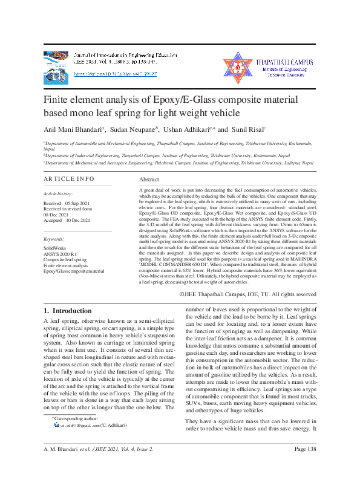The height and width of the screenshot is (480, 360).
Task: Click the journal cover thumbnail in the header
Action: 57,64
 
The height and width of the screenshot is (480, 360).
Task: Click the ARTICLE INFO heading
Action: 69,180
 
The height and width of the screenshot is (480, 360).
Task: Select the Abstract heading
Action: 149,180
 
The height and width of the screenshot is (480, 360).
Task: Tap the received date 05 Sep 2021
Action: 77,203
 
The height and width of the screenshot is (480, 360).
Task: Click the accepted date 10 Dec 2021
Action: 77,220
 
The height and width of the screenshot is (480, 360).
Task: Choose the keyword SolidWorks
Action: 56,248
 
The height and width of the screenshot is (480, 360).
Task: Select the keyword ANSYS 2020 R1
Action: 61,253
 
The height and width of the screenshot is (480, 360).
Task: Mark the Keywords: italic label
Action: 54,238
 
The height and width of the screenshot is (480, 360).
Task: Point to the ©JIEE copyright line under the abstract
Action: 248,294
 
